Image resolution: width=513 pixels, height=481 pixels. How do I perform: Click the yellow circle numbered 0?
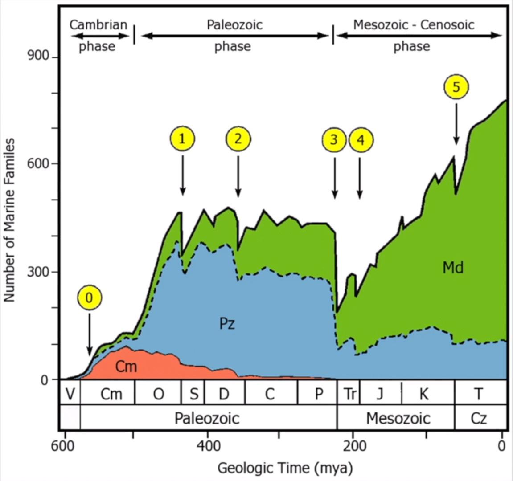pos(89,298)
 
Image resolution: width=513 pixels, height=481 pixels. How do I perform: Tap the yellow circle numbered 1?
pos(182,139)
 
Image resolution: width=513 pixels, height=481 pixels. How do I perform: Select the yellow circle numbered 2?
pos(238,139)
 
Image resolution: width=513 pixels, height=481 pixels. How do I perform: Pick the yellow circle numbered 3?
pos(334,140)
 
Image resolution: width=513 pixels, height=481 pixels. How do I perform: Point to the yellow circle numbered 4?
pos(361,140)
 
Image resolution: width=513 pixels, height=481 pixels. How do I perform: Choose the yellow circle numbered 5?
pos(456,87)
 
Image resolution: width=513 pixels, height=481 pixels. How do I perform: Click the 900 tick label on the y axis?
pos(38,56)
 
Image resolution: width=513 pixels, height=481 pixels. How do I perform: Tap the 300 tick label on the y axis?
pos(38,272)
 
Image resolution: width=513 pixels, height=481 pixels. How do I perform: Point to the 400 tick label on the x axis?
pos(209,446)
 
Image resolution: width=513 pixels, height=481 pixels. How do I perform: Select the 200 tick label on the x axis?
pos(355,446)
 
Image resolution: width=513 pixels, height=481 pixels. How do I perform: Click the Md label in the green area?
pos(453,268)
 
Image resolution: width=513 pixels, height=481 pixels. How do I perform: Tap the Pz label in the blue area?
pos(227,324)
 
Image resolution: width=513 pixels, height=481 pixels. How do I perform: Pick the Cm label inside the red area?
pos(126,367)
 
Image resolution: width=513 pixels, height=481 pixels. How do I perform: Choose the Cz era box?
pos(480,417)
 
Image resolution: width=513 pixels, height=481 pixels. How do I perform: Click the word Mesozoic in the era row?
pos(398,418)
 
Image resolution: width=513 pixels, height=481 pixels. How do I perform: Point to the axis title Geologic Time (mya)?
pos(285,468)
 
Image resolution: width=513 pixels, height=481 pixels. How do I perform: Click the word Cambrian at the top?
pos(98,25)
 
